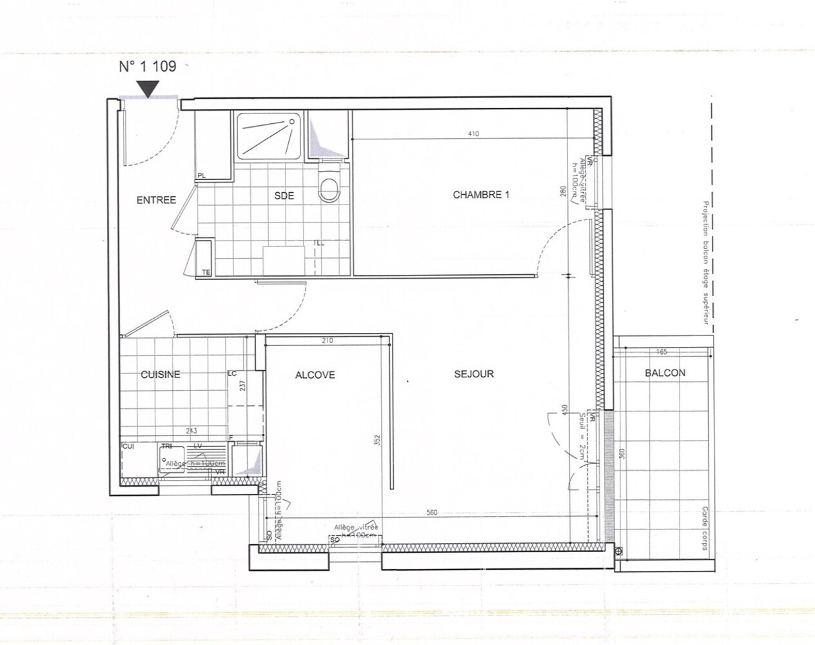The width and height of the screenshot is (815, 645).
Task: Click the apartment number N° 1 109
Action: (148, 66)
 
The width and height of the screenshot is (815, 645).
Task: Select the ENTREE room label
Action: (156, 200)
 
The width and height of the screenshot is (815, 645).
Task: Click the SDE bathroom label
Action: (284, 195)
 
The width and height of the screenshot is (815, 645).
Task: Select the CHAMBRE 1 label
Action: (481, 195)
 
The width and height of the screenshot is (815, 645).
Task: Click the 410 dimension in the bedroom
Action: (474, 134)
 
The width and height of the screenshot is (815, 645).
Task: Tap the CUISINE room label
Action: (161, 375)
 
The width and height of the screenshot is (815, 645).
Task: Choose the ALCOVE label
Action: (315, 375)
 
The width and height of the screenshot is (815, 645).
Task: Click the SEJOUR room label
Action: (474, 373)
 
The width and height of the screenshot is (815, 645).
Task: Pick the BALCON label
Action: (665, 373)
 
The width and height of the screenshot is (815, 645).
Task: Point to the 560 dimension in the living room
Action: (432, 513)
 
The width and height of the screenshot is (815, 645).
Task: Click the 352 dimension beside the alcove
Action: (377, 440)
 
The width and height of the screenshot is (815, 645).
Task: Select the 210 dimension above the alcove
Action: (327, 341)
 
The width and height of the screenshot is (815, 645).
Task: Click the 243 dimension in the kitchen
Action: (191, 431)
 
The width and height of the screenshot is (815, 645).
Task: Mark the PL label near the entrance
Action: (202, 175)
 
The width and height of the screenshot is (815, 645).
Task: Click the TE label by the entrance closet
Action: (206, 272)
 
